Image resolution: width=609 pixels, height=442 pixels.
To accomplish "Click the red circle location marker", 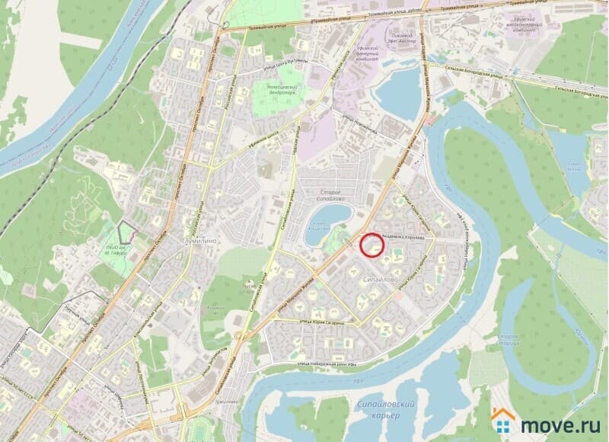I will (371, 245).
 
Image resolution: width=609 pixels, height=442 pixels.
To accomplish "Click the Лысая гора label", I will (247, 290).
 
